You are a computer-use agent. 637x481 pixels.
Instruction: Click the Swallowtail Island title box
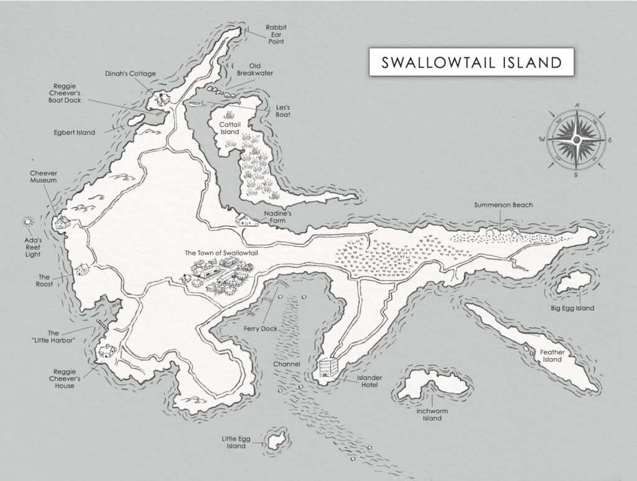tap(470, 62)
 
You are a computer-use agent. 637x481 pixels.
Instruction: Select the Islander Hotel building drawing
tap(328, 367)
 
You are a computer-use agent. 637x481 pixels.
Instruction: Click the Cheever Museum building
tap(61, 222)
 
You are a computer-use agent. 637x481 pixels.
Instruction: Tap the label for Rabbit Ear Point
tap(276, 35)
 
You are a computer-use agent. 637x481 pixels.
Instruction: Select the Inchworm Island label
tap(429, 414)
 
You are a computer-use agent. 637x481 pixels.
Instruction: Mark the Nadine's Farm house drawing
tap(243, 219)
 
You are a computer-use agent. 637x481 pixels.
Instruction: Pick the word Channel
tap(287, 364)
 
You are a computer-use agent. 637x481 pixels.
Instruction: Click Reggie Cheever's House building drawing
tap(106, 352)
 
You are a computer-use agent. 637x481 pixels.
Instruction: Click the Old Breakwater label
tap(254, 69)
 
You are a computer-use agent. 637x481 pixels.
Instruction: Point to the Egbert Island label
tap(73, 132)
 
